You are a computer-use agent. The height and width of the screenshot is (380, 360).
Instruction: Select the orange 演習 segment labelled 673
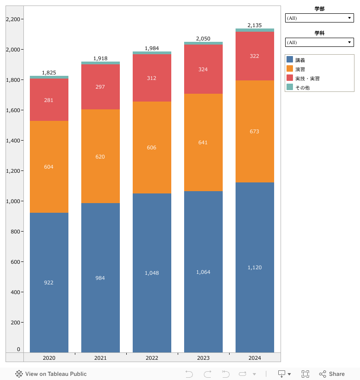254,131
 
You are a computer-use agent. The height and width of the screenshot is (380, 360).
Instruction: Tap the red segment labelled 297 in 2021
100,87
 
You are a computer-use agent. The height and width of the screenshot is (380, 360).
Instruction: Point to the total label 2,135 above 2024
254,25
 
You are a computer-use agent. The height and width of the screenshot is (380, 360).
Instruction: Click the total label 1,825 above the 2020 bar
49,73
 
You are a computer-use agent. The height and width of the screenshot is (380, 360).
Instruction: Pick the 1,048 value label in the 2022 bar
152,273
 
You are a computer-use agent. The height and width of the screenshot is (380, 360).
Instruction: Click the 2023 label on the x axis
203,358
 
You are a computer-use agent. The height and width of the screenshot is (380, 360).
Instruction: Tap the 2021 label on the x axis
100,358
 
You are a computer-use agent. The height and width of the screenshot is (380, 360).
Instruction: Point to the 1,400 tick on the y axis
12,141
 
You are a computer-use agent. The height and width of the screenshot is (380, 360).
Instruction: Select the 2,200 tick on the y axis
12,19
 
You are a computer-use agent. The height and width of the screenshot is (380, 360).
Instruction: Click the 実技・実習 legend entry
307,79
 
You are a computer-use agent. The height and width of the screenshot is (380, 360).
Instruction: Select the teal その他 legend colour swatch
290,87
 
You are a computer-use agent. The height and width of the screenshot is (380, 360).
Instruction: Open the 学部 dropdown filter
319,18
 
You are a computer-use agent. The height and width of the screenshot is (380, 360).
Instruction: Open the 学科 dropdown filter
319,42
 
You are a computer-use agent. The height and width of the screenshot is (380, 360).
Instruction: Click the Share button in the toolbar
332,374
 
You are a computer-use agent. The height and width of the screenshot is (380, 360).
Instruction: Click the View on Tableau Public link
51,374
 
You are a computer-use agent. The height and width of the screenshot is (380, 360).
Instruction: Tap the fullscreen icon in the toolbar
305,374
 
